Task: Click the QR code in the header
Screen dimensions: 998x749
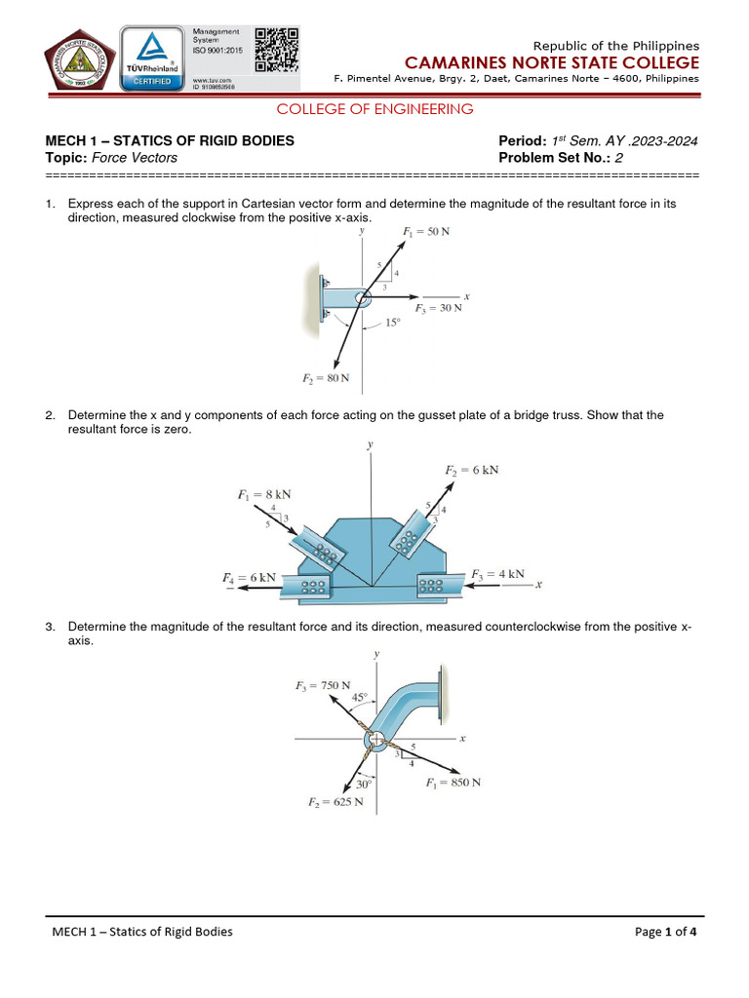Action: [276, 49]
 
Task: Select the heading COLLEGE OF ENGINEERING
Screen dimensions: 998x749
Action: [375, 109]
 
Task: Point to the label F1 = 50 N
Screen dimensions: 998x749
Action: [426, 232]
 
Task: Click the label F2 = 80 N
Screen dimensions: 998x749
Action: [326, 377]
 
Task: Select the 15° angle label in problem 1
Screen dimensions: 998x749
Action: [393, 322]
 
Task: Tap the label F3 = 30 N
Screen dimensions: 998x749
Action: [438, 308]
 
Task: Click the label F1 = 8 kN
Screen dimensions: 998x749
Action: [264, 494]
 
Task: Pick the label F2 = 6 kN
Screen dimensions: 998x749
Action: [472, 470]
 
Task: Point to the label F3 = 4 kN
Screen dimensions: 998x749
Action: [497, 573]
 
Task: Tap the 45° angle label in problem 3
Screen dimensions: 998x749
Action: [360, 697]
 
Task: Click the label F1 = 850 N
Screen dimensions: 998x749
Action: [453, 782]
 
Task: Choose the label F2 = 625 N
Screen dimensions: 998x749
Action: [330, 802]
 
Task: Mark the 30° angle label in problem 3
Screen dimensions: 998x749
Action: [364, 784]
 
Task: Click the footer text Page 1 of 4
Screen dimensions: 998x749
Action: [666, 932]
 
